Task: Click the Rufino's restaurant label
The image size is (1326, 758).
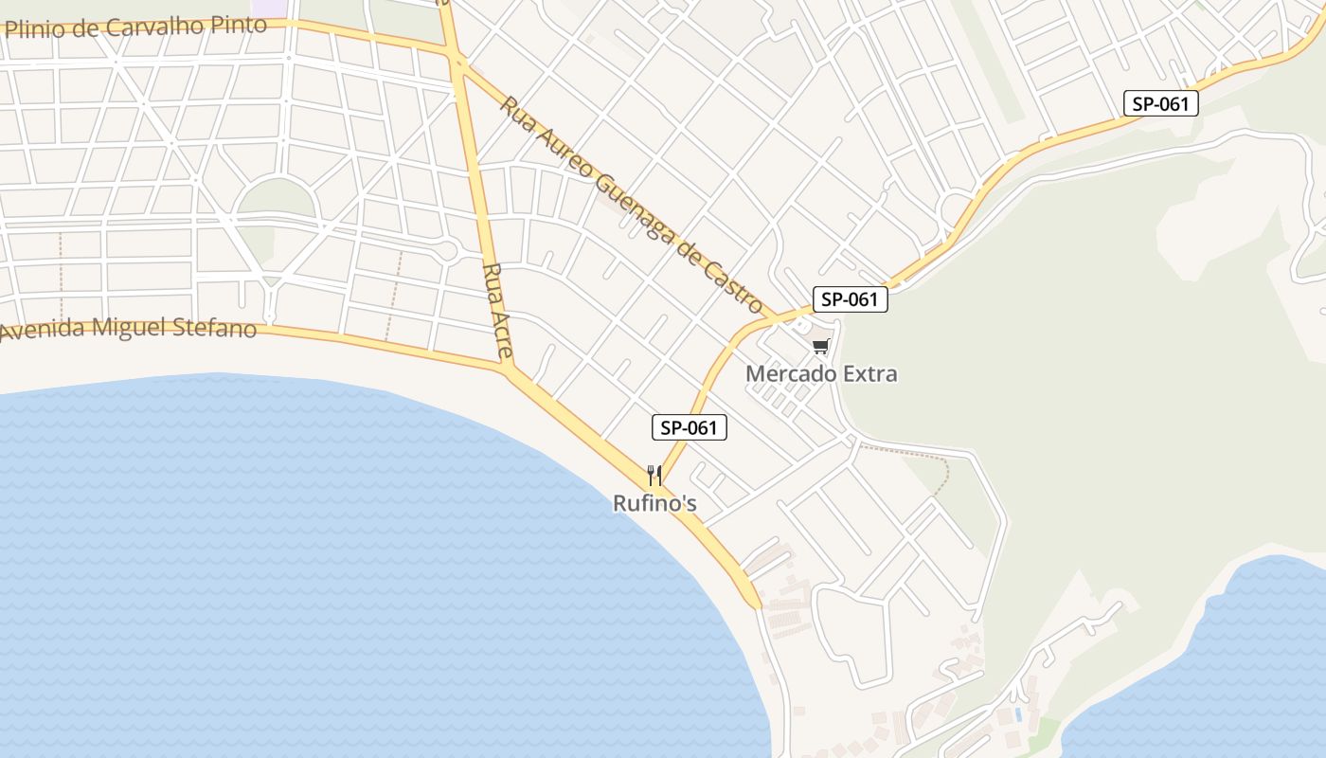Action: point(654,503)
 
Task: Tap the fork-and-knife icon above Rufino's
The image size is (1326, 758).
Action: point(654,474)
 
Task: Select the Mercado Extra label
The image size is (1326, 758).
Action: point(821,373)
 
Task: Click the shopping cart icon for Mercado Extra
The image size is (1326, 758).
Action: point(821,347)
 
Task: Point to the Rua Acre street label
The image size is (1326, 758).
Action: point(497,311)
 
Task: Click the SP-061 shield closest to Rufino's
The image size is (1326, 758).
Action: point(690,427)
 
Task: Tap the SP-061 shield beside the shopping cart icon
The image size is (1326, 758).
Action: point(850,299)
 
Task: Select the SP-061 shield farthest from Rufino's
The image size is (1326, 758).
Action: point(1161,103)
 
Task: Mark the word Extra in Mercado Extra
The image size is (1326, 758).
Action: point(870,373)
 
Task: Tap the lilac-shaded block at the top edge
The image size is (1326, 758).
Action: point(272,7)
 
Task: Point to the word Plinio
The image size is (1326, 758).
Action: point(36,29)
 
